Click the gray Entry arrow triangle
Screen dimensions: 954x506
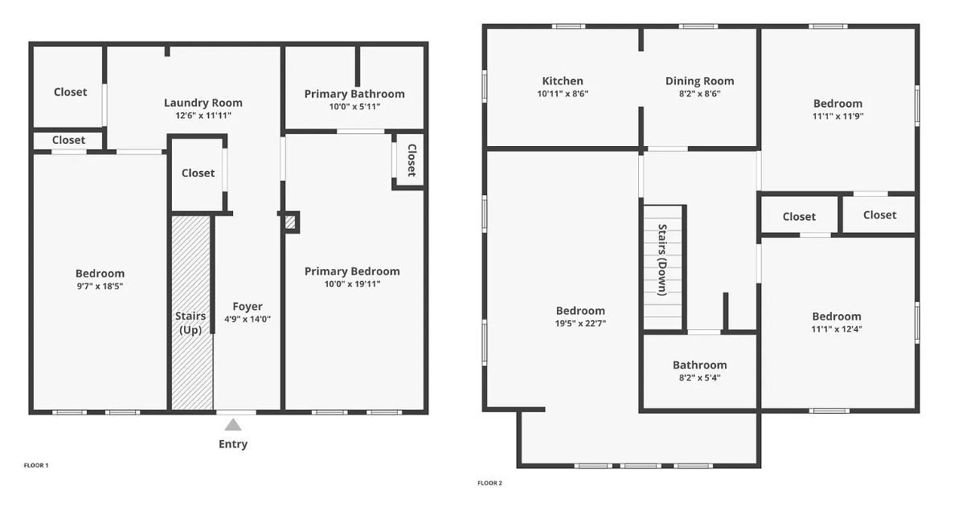(233, 425)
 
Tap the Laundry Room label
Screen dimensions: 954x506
(203, 103)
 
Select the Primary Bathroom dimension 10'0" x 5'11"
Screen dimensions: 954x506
(354, 107)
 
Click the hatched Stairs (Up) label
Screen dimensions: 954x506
(190, 323)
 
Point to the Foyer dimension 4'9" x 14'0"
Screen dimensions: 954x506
(248, 320)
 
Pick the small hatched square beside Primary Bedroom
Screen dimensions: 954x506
(291, 222)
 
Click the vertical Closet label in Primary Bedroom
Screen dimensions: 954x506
(411, 160)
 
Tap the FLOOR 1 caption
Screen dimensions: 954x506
(36, 465)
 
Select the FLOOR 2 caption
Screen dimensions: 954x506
(489, 484)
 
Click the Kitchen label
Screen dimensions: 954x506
(563, 81)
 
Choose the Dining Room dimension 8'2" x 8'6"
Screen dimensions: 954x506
(700, 94)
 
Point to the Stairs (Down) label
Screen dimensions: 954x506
(662, 259)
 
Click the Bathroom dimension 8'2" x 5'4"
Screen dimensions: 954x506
(700, 377)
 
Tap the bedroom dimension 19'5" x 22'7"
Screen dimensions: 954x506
(580, 324)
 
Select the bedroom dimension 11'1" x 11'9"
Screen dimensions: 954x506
(837, 116)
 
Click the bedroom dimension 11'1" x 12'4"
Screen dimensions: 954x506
(837, 329)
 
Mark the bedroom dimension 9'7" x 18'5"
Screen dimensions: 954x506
(100, 287)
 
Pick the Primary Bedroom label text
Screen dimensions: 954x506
(352, 271)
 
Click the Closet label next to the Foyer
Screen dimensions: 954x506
(199, 173)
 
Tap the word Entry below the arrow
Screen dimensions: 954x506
(233, 444)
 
